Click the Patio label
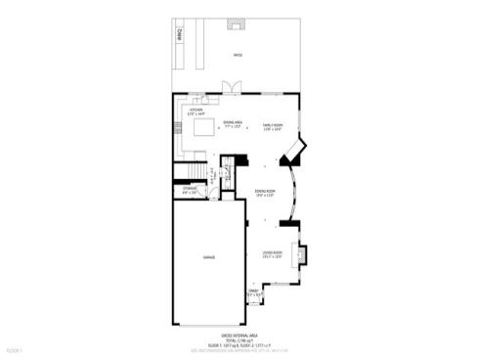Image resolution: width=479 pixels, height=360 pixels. pos(237,55)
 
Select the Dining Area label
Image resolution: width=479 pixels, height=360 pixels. pos(233,124)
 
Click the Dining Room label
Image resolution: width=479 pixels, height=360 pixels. pos(265,193)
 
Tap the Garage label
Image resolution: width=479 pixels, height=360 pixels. pos(208,256)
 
